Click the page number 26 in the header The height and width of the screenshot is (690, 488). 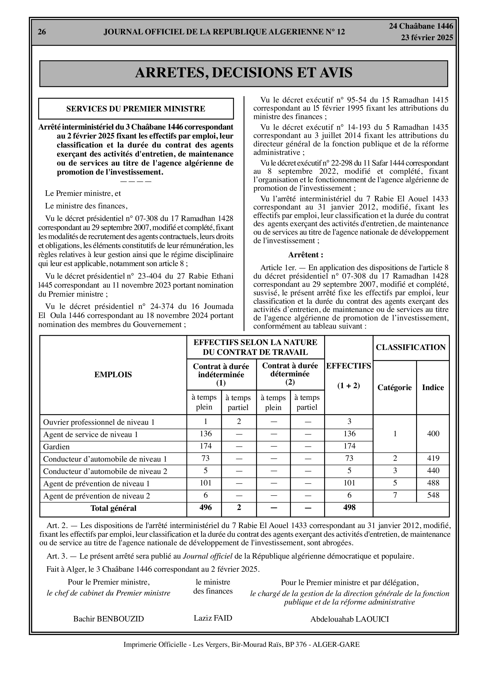42,32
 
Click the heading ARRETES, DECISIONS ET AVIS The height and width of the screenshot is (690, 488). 244,73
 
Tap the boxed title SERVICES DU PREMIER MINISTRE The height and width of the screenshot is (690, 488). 136,109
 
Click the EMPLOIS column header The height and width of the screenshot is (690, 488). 113,375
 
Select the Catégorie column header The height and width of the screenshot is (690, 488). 395,387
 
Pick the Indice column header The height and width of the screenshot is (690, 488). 433,387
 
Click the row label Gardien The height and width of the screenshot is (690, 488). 57,447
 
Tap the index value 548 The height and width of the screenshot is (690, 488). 433,495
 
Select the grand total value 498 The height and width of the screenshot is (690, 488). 349,508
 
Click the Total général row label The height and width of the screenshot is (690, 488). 113,508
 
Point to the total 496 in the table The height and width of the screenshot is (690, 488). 206,508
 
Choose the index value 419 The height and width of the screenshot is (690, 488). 433,458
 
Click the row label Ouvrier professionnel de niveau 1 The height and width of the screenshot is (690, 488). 99,422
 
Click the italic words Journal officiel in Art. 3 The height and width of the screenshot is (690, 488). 208,556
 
